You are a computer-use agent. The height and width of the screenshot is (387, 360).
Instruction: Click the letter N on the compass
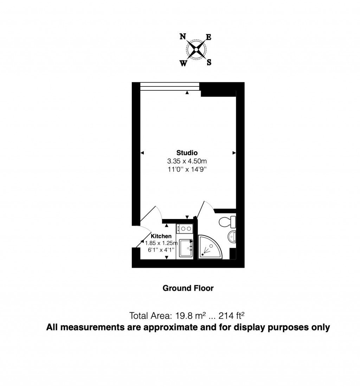(183, 36)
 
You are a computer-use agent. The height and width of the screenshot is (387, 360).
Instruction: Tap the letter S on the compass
(209, 63)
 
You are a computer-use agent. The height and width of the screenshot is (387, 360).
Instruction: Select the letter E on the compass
(208, 37)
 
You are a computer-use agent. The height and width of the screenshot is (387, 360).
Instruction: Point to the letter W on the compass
(184, 63)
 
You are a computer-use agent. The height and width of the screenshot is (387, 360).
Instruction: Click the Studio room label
(187, 153)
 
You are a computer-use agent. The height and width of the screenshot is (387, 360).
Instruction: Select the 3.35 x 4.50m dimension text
(187, 161)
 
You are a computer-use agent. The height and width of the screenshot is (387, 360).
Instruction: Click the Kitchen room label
(161, 236)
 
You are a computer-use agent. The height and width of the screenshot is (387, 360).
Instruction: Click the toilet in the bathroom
(227, 222)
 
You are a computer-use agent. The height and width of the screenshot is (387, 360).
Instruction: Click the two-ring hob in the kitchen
(185, 229)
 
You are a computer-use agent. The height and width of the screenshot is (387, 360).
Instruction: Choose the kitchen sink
(185, 248)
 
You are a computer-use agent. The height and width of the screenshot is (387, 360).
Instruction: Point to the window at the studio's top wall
(170, 86)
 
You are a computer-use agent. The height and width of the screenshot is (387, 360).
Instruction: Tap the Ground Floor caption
(188, 288)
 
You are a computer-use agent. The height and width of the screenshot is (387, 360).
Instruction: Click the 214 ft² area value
(231, 315)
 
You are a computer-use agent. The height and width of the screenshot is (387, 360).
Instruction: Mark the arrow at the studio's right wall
(234, 153)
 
